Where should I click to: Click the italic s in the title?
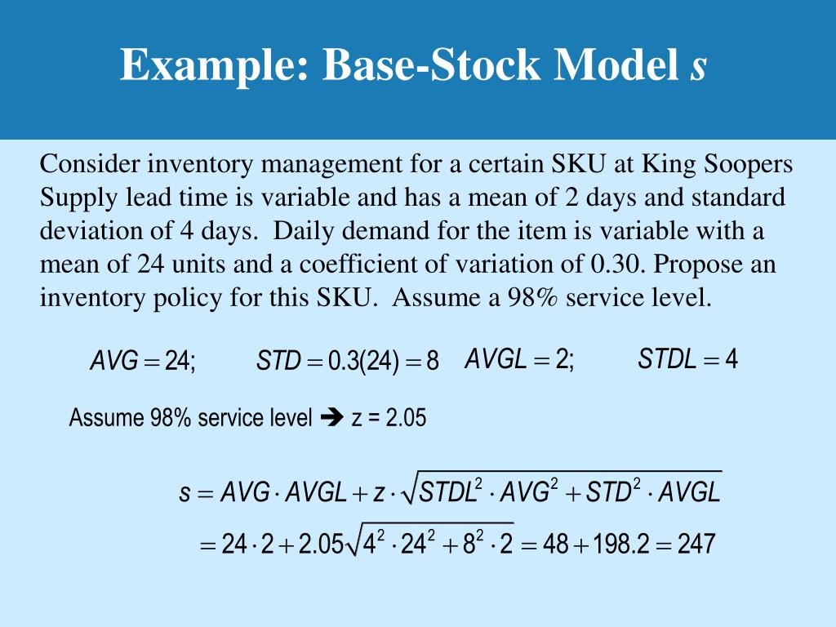point(697,65)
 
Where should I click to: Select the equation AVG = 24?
point(143,361)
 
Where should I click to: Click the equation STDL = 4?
point(688,359)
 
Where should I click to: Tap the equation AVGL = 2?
point(519,359)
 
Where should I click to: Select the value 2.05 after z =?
point(406,418)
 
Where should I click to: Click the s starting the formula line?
point(185,494)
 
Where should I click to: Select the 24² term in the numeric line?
point(424,542)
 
